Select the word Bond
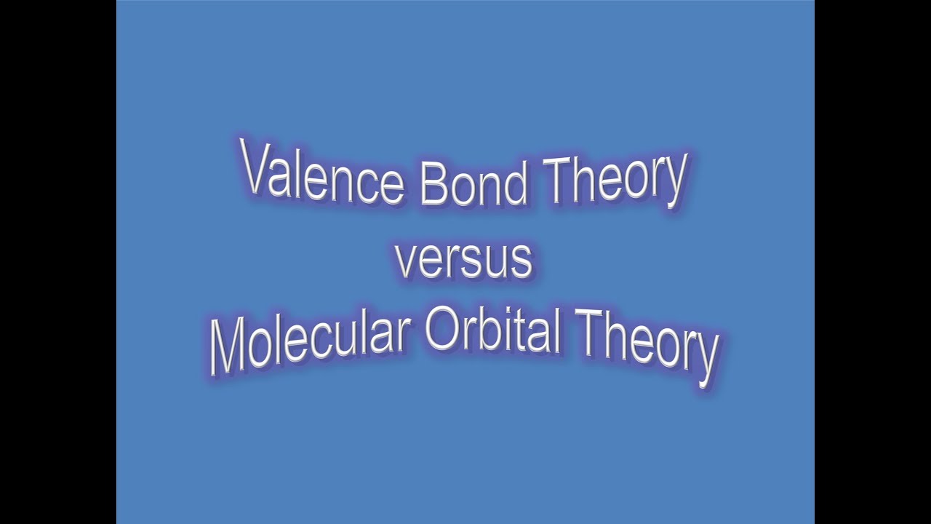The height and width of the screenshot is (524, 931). coord(474,183)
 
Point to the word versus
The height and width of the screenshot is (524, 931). coord(463,261)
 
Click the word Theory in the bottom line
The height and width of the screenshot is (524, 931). coord(648,346)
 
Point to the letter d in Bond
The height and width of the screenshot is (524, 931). coord(513,183)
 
